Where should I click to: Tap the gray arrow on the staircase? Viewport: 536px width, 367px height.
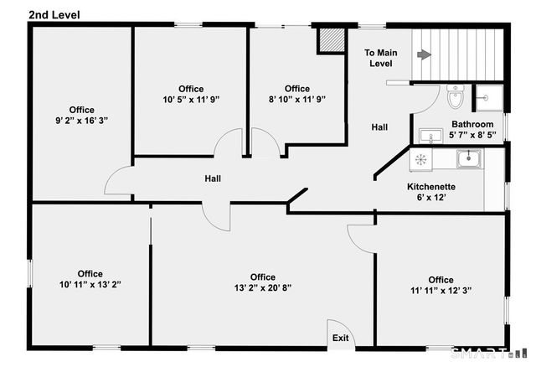[425, 54]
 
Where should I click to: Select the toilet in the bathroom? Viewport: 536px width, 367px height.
[456, 98]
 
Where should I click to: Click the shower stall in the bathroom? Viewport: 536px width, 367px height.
[488, 97]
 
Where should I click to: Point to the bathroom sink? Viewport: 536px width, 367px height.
[431, 136]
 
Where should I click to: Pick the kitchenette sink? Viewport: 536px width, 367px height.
[468, 158]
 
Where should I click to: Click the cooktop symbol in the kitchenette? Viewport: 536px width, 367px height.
[421, 158]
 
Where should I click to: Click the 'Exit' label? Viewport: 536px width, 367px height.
[341, 339]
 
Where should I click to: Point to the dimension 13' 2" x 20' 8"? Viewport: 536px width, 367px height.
[262, 290]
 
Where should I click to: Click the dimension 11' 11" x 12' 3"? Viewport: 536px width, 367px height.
[441, 292]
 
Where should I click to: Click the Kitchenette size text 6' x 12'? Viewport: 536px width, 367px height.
[430, 198]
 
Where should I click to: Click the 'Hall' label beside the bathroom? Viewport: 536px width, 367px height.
[379, 127]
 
